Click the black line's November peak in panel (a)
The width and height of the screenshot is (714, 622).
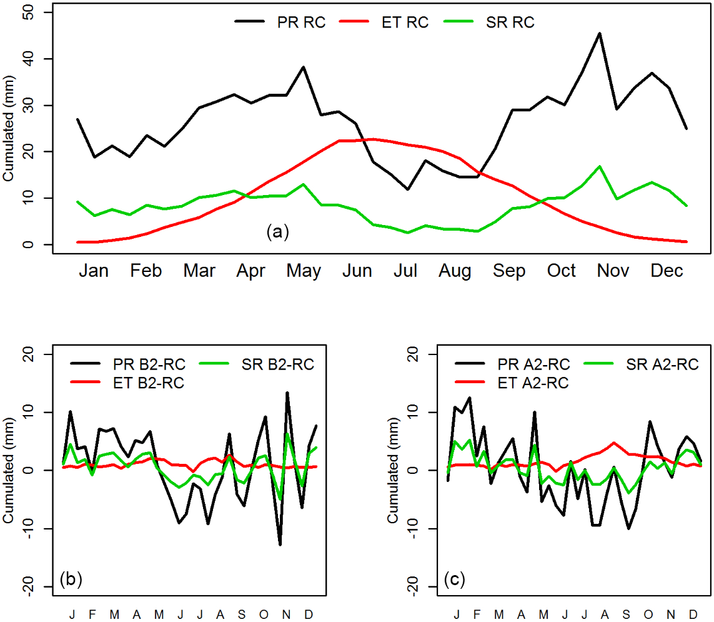tap(600, 33)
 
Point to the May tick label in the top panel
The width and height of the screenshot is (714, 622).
tap(304, 271)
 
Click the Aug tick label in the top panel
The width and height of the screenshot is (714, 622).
tap(455, 271)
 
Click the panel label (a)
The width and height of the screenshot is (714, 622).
tap(277, 233)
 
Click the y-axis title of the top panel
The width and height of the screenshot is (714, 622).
tap(9, 131)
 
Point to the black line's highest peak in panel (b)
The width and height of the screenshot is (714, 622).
tap(287, 393)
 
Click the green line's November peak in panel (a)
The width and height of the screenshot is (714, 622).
tap(600, 166)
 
